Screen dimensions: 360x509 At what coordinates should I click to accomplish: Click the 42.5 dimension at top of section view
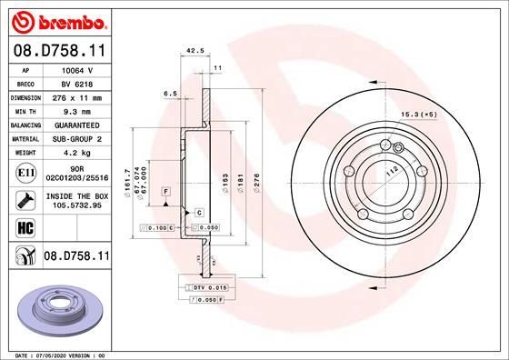point(194,51)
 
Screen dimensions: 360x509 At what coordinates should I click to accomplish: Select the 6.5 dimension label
point(170,93)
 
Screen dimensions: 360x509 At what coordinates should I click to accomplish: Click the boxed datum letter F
point(166,192)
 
